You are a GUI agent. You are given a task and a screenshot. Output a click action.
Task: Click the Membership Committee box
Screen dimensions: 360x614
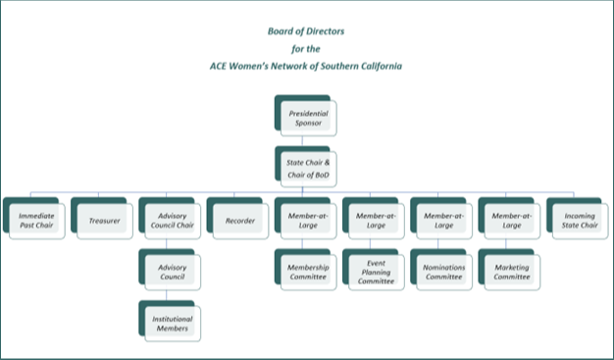tap(307, 270)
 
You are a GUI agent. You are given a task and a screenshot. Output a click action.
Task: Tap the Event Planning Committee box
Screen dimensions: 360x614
tap(376, 271)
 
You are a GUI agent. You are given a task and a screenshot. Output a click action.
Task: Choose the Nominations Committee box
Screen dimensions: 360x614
tap(443, 270)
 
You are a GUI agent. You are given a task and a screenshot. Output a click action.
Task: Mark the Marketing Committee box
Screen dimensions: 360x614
tap(512, 270)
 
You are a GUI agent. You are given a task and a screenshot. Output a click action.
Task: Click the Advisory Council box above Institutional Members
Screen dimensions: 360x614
tap(172, 270)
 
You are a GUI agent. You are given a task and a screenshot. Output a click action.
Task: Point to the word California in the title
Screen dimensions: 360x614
tap(377, 65)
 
